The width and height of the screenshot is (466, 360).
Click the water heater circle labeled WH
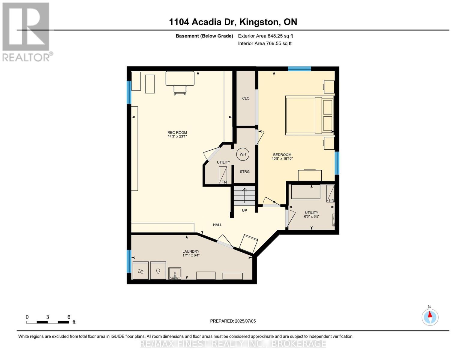242,154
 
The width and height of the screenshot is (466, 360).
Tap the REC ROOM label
177,133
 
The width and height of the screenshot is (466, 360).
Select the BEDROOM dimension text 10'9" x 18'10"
282,159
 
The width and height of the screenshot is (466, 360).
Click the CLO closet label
246,98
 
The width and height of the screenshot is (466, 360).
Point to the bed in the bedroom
309,115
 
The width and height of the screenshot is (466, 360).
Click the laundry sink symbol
175,273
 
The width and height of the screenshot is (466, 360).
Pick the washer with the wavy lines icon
140,271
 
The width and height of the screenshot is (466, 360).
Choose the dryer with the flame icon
158,271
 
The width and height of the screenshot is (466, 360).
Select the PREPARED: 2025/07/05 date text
233,321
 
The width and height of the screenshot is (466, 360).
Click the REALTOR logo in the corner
26,31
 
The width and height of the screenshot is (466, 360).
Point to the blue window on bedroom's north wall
299,69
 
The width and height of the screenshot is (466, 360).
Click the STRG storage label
245,172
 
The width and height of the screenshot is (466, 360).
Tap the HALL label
217,225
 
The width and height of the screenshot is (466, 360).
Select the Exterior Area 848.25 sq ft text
265,36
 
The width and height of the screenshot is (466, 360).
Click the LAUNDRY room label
191,251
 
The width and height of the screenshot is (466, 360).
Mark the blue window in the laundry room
129,261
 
